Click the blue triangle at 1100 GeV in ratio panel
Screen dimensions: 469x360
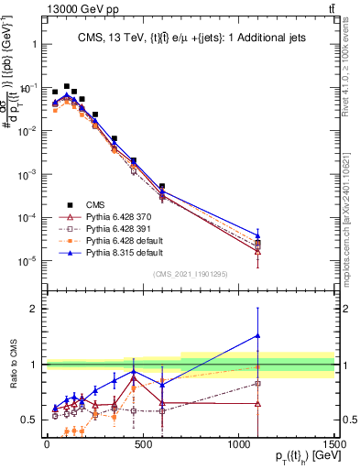(257, 335)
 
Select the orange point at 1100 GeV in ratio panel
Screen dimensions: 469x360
(257, 367)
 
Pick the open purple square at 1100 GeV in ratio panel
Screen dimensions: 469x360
(257, 383)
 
